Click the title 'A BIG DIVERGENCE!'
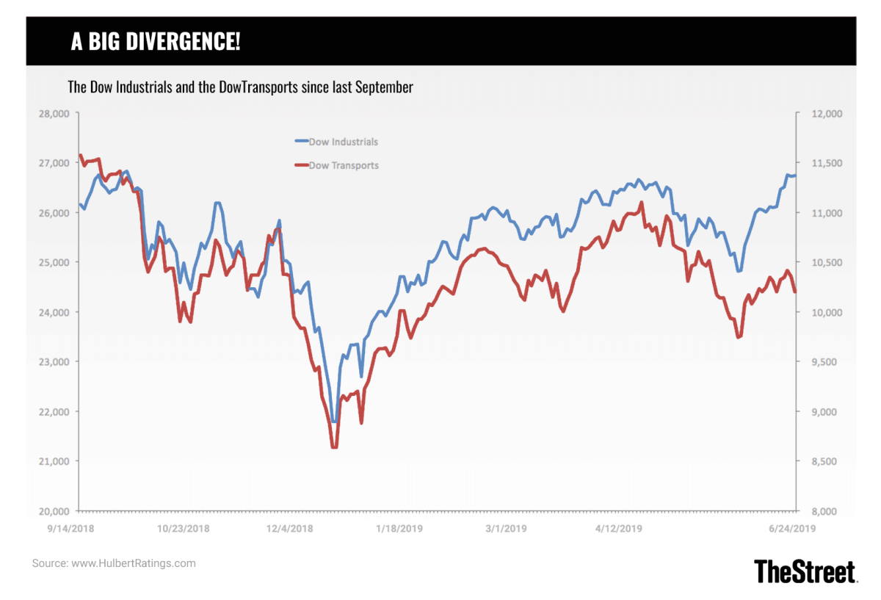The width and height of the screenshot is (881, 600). click(x=155, y=42)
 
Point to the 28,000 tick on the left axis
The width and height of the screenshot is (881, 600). click(x=53, y=114)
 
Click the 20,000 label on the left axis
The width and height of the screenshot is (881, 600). click(x=53, y=511)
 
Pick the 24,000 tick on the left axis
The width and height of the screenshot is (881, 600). click(x=53, y=312)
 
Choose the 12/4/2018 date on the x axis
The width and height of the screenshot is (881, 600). click(x=290, y=528)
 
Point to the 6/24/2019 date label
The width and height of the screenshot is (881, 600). click(x=792, y=528)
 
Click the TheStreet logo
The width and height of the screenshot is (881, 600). click(x=805, y=571)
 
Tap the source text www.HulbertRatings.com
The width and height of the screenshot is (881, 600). click(x=133, y=563)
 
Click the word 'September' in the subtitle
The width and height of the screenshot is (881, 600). click(x=385, y=87)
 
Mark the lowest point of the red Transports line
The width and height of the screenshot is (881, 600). click(x=334, y=447)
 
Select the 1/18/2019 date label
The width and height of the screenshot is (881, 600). click(x=399, y=528)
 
